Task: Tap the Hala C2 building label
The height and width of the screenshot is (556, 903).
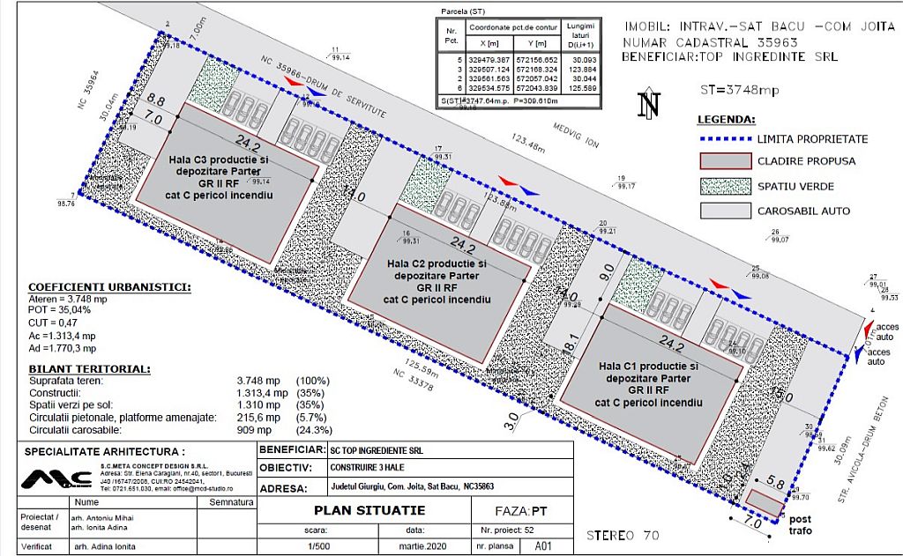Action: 437,281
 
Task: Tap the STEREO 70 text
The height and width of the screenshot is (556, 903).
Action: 623,535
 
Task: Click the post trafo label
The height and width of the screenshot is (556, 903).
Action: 800,525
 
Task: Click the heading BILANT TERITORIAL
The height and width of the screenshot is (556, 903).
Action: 88,369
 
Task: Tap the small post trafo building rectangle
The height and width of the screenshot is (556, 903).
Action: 764,504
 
